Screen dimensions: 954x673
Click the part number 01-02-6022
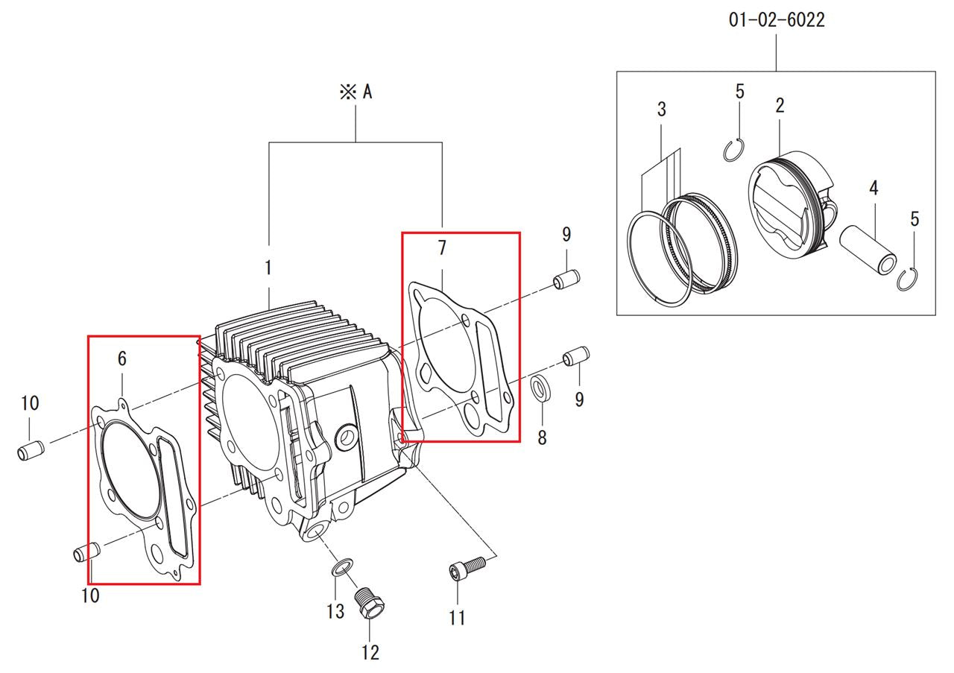click(777, 20)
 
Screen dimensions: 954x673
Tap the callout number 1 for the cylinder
click(268, 268)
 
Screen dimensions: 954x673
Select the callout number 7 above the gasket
click(442, 248)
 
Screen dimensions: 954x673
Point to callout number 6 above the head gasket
click(122, 358)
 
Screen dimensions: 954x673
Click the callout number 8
click(542, 437)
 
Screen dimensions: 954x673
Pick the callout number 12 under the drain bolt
click(370, 652)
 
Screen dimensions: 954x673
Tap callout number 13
click(335, 611)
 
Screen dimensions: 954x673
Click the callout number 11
click(457, 618)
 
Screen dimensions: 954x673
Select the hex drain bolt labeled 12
click(369, 602)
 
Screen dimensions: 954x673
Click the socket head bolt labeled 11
click(467, 567)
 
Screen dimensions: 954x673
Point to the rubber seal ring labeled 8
click(540, 388)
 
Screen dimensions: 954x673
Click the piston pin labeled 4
click(868, 250)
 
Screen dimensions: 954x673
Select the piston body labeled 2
click(792, 203)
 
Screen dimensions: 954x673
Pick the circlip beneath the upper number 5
click(733, 150)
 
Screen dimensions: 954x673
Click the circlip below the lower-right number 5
click(907, 279)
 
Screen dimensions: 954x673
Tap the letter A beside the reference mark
click(367, 92)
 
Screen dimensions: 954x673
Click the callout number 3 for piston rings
click(661, 110)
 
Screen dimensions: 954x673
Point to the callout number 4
click(874, 188)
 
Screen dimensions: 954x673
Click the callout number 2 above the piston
click(780, 106)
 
